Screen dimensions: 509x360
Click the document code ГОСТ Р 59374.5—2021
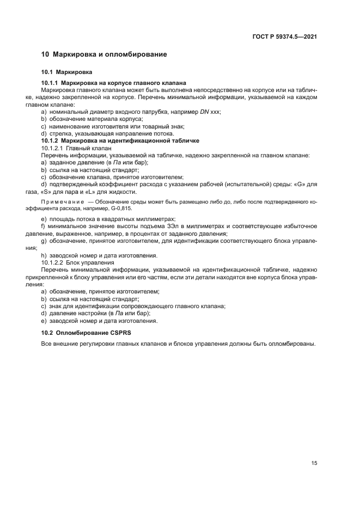[285, 36]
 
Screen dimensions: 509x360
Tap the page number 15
[314, 463]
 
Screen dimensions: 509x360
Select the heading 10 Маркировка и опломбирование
[104, 54]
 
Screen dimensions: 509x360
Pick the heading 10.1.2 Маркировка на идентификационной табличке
[116, 140]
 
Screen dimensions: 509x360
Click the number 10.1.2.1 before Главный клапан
[52, 148]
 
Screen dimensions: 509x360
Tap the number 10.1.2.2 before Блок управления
[52, 262]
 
